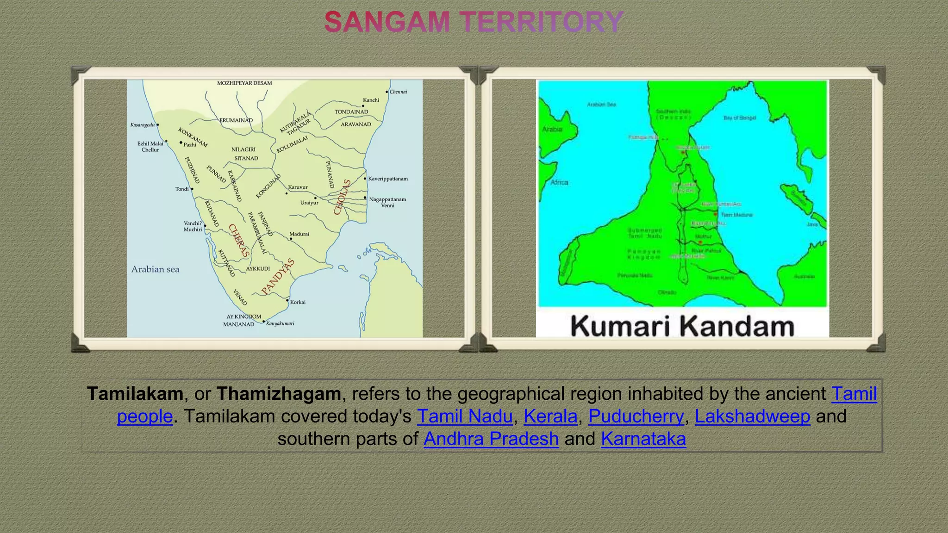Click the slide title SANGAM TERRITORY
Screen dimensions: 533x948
(x=474, y=22)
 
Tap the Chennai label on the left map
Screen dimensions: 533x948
(x=398, y=92)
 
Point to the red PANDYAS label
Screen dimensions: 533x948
(x=278, y=277)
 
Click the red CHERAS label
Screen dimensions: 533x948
(x=239, y=241)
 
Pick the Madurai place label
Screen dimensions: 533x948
(x=299, y=234)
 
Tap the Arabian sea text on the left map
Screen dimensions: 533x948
(x=155, y=269)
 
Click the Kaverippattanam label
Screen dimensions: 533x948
(x=388, y=179)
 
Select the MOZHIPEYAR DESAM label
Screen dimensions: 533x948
(x=244, y=83)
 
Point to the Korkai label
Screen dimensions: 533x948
(x=298, y=302)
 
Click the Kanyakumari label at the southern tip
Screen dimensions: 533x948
(x=280, y=323)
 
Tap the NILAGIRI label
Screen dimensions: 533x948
(x=243, y=149)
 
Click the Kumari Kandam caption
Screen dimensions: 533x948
(x=682, y=326)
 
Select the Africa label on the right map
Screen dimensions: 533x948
(x=559, y=182)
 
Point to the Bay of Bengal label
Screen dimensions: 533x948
(x=739, y=118)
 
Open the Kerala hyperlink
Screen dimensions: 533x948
(x=550, y=416)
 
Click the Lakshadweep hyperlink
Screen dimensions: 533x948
(x=752, y=416)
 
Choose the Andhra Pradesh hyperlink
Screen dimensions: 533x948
(x=491, y=439)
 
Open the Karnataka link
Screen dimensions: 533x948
(x=643, y=439)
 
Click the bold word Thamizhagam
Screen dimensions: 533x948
(x=279, y=394)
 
